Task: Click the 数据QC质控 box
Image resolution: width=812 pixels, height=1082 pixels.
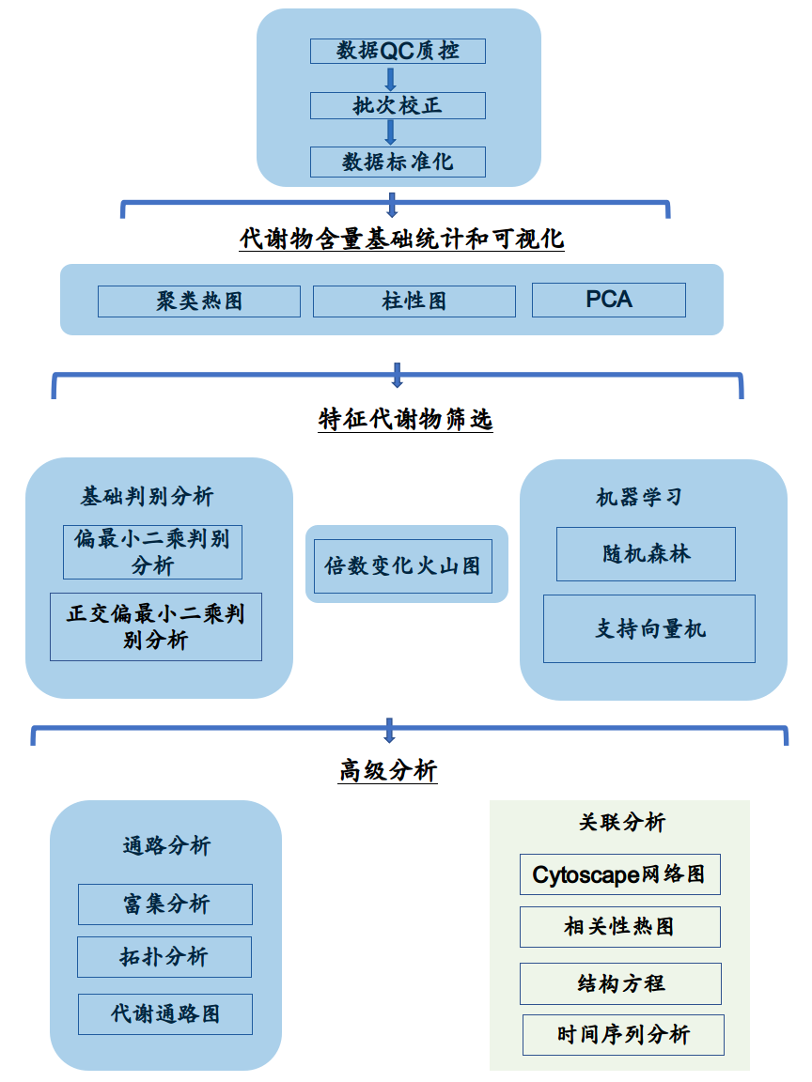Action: [x=398, y=51]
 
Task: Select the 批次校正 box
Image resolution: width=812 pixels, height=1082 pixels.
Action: [x=398, y=105]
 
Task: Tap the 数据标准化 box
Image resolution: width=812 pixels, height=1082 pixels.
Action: [x=398, y=162]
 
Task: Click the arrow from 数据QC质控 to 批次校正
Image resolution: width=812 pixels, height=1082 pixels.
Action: [x=391, y=78]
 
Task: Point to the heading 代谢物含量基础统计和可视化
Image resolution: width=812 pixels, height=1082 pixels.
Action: [x=402, y=239]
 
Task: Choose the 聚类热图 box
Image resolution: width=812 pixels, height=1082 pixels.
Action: [x=199, y=301]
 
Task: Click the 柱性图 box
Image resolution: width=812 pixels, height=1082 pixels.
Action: [x=414, y=301]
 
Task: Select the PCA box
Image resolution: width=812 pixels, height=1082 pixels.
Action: [x=608, y=300]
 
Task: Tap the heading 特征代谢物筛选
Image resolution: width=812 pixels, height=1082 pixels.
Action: [x=405, y=419]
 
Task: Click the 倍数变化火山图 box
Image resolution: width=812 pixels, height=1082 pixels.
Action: [x=402, y=565]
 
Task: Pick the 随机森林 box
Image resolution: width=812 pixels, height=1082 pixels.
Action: [x=646, y=554]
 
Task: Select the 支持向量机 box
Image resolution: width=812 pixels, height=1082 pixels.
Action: [x=648, y=628]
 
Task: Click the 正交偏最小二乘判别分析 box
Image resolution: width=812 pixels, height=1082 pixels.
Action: [x=156, y=626]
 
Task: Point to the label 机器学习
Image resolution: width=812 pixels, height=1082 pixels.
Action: [x=638, y=497]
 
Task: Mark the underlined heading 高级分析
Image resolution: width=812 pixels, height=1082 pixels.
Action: [x=388, y=771]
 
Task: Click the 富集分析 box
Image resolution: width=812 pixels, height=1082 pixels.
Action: [x=165, y=904]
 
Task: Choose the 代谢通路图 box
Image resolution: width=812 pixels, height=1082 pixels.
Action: [x=165, y=1014]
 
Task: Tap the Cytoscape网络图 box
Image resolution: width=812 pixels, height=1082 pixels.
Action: [x=619, y=874]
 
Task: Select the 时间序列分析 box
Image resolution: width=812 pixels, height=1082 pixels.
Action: [x=623, y=1035]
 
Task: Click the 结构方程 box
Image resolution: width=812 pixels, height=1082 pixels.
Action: [x=620, y=983]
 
